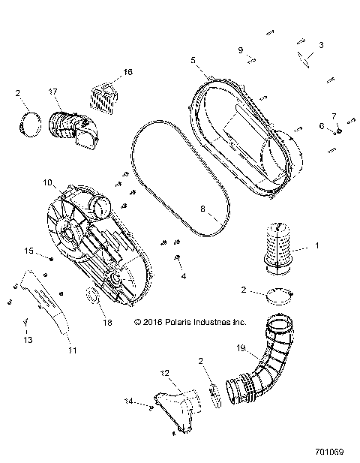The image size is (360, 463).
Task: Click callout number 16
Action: [127, 72]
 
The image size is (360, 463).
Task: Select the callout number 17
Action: [52, 91]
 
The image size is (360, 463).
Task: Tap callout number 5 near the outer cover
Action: [193, 59]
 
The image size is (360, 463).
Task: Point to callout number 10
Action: [46, 182]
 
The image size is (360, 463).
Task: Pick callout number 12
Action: [165, 372]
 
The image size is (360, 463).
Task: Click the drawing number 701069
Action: [330, 452]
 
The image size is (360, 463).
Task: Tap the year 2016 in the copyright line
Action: [149, 323]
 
